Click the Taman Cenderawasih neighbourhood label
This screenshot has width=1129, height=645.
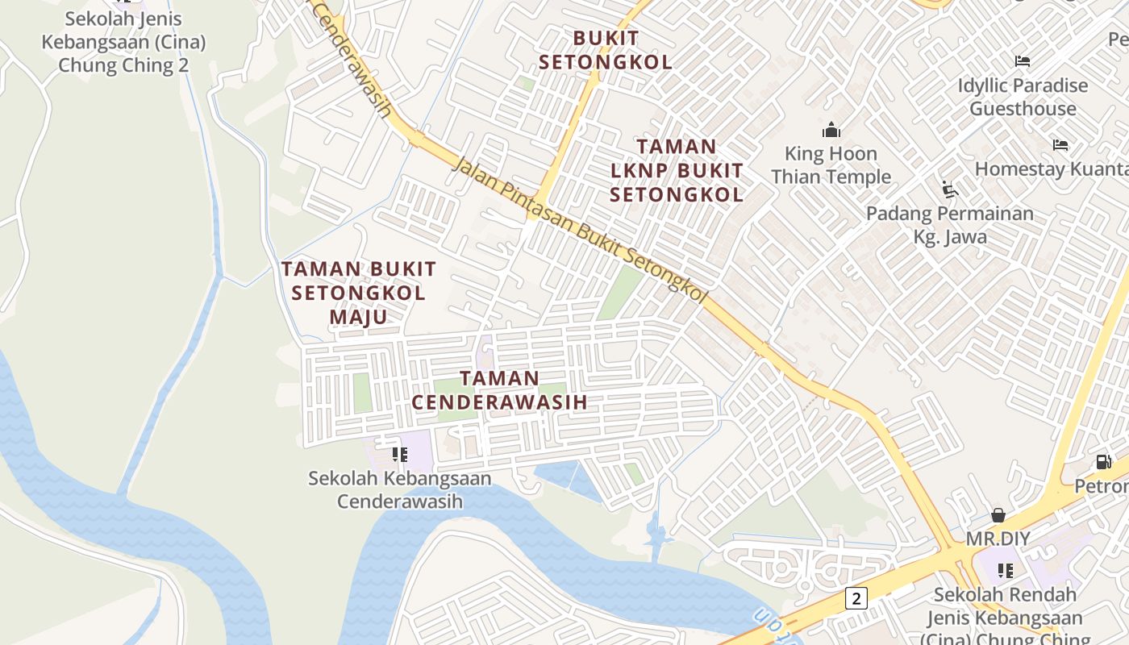pos(499,389)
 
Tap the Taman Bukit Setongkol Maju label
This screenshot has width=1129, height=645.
pos(358,293)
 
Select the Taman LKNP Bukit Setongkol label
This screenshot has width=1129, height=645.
pos(677,170)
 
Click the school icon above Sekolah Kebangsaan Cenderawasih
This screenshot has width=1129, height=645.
pos(399,455)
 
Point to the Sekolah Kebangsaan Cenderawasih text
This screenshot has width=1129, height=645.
pos(399,489)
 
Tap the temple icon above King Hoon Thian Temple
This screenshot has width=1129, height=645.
pos(831,130)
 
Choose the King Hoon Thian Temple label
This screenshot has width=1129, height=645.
pos(831,165)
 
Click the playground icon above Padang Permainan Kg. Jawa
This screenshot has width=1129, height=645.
pos(950,189)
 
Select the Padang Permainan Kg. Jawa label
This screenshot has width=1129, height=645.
pos(950,225)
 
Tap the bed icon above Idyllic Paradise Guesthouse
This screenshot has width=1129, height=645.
pos(1023,61)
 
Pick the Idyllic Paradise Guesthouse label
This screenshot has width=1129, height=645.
pos(1023,97)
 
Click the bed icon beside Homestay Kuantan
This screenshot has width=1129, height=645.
pos(1060,145)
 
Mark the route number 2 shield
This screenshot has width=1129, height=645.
pos(856,597)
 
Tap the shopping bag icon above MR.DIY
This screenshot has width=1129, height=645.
pos(998,515)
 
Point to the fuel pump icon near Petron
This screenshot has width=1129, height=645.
pos(1103,462)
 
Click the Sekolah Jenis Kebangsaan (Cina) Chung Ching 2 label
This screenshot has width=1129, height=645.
pos(123,42)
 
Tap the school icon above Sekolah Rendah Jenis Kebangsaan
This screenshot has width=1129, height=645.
pos(1005,571)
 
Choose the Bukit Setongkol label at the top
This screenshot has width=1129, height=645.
pos(606,50)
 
